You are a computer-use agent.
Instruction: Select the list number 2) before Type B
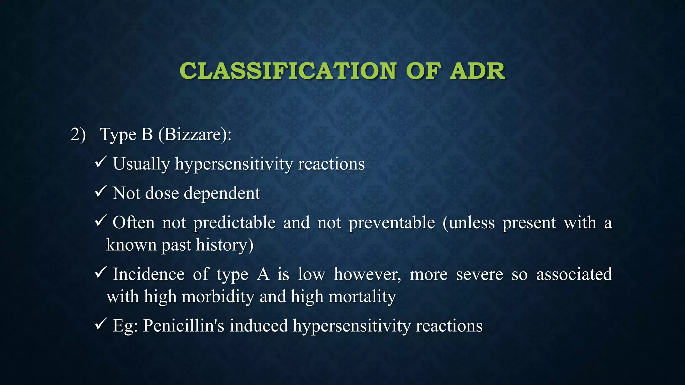tap(78, 135)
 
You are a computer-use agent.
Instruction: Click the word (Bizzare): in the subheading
tap(195, 135)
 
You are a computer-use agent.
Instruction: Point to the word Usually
tap(141, 164)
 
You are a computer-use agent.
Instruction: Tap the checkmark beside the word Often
tap(101, 221)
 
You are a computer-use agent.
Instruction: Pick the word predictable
tap(234, 223)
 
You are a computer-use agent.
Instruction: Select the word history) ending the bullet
tap(224, 245)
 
